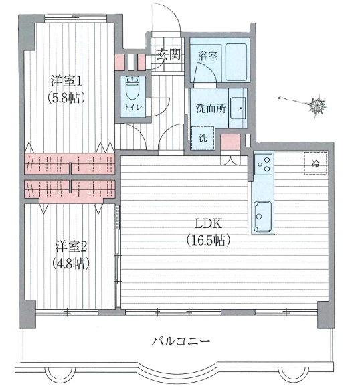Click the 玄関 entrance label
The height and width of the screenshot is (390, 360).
(169, 55)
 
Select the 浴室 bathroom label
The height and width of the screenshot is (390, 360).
(206, 56)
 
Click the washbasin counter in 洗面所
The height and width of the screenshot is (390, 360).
(238, 108)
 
